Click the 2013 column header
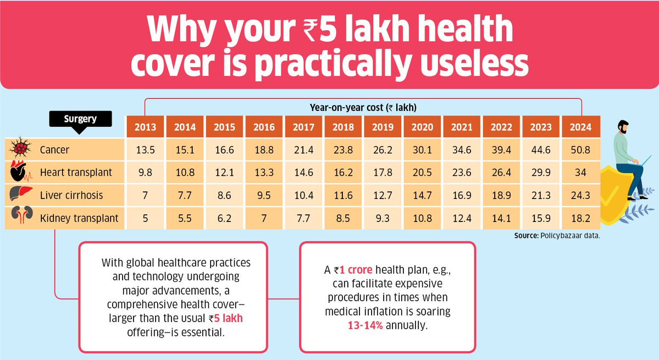[146, 126]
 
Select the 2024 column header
[581, 126]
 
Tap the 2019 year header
[383, 126]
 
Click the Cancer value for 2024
[581, 149]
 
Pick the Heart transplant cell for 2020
[422, 172]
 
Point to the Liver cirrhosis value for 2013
[146, 195]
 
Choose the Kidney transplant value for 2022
[501, 218]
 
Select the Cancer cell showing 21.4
[303, 149]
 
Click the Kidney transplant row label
[79, 218]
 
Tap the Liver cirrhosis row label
[71, 195]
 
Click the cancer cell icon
[20, 147]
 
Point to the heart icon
[20, 171]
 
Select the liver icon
[20, 193]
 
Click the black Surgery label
[80, 119]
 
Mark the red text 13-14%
[365, 325]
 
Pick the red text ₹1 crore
[353, 270]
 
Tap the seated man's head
[623, 126]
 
